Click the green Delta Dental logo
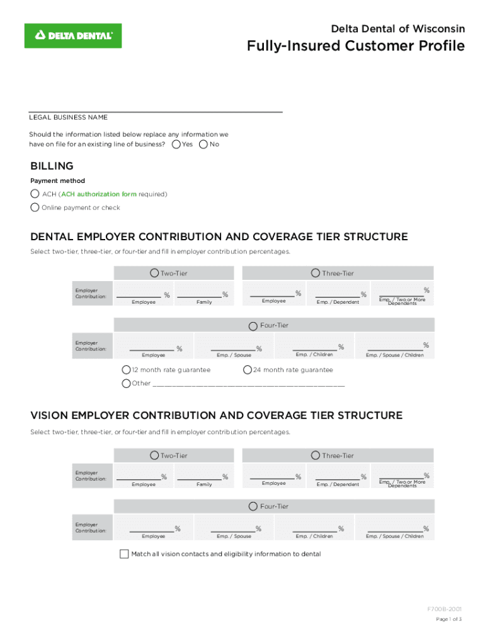(x=73, y=36)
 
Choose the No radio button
(x=203, y=145)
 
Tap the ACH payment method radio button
(x=35, y=194)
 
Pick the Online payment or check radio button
(x=35, y=208)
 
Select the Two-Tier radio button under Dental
(x=154, y=273)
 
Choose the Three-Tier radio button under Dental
(x=316, y=273)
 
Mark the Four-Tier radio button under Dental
(x=253, y=325)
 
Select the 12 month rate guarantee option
(x=127, y=370)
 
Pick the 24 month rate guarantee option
(x=248, y=370)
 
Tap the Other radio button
(x=126, y=383)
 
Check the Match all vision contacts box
(x=124, y=554)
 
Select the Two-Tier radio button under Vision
(x=154, y=455)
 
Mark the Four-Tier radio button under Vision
(x=253, y=506)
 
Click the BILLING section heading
(x=52, y=166)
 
